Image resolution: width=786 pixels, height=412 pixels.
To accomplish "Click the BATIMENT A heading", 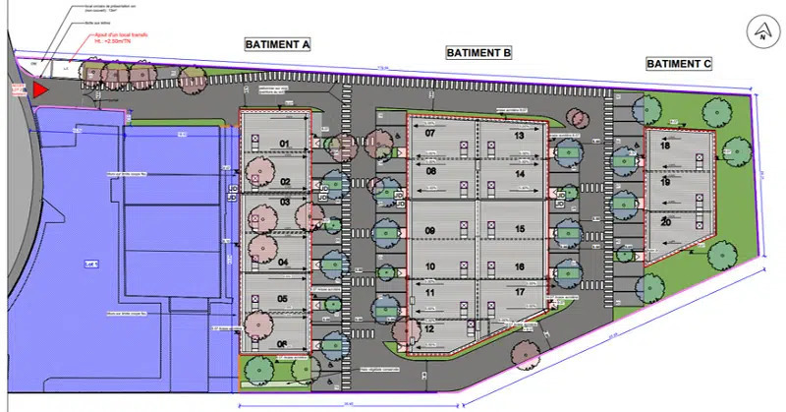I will click(x=278, y=44).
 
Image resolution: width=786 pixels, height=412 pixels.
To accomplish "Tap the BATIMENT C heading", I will click(x=679, y=63).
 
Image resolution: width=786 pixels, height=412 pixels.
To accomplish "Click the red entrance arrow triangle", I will click(x=39, y=90).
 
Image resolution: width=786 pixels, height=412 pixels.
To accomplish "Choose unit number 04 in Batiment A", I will click(x=283, y=263).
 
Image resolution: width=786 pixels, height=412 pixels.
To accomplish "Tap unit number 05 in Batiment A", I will click(x=282, y=299).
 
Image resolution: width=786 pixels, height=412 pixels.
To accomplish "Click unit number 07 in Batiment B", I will click(x=430, y=133).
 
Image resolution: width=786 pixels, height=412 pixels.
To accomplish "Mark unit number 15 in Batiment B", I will click(x=520, y=229).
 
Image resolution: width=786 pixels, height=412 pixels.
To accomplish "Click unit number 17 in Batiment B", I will click(x=520, y=291).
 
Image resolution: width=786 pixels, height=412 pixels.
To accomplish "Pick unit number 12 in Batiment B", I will click(x=429, y=329).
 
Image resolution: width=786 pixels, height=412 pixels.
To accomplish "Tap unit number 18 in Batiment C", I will click(x=666, y=146).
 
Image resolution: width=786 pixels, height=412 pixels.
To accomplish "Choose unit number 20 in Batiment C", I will click(x=666, y=221).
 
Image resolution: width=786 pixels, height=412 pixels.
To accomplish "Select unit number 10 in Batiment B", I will click(x=430, y=266).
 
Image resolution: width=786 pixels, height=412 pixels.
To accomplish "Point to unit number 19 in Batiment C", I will click(x=666, y=183).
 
